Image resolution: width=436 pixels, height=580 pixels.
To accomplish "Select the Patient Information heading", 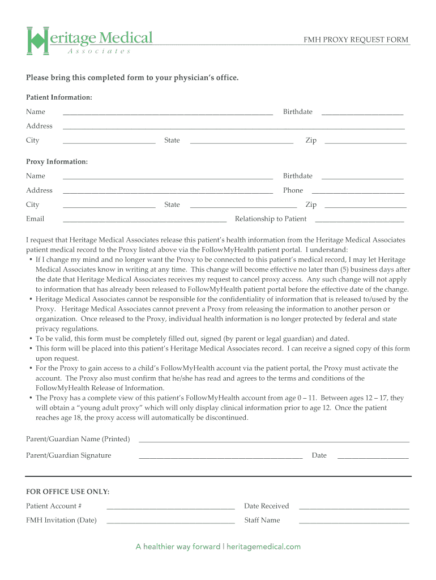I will pyautogui.click(x=59, y=97).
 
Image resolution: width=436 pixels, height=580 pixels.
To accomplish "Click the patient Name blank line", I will pyautogui.click(x=168, y=112).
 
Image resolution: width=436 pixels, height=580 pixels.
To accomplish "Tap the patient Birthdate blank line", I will pyautogui.click(x=362, y=112).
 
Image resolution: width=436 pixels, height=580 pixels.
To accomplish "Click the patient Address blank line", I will pyautogui.click(x=233, y=127).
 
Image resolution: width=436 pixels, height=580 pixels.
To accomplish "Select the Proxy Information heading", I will pyautogui.click(x=57, y=162).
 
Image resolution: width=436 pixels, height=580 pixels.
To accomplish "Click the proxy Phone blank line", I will pyautogui.click(x=358, y=191).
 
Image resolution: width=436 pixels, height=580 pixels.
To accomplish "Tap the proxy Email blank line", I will pyautogui.click(x=144, y=219).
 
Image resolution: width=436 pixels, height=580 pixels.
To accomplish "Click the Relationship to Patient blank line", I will pyautogui.click(x=359, y=219).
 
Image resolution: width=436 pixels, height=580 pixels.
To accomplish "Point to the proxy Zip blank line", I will pyautogui.click(x=365, y=205).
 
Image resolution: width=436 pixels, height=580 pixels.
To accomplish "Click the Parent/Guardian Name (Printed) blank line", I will pyautogui.click(x=273, y=440).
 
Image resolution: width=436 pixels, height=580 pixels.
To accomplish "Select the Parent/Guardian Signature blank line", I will pyautogui.click(x=220, y=456).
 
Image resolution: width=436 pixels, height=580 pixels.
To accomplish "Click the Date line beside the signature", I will pyautogui.click(x=373, y=456).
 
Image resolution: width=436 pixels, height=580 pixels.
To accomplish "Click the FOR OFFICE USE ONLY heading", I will pyautogui.click(x=67, y=492).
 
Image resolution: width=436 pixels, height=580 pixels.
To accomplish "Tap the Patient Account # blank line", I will pyautogui.click(x=170, y=506).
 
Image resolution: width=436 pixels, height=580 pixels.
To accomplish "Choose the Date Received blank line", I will pyautogui.click(x=354, y=506).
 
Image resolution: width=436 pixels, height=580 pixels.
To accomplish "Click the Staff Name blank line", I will pyautogui.click(x=354, y=521).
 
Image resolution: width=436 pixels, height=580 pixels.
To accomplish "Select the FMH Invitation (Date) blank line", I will pyautogui.click(x=170, y=521).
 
